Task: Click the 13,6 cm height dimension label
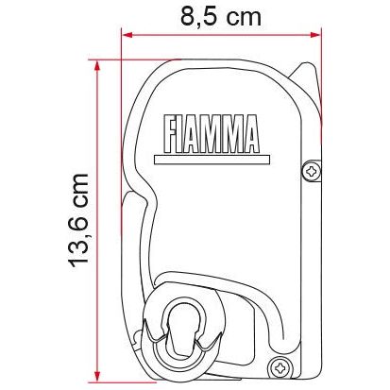click(78, 220)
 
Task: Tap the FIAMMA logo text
click(212, 134)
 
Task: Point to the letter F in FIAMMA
click(171, 134)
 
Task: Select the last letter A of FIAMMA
click(250, 134)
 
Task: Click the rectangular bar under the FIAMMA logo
click(212, 160)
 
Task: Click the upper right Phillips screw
click(312, 172)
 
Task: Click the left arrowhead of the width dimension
click(127, 35)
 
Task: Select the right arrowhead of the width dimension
click(315, 35)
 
